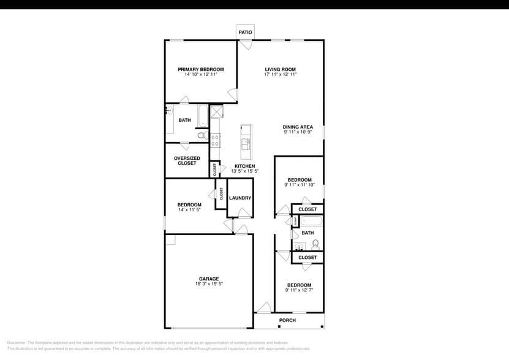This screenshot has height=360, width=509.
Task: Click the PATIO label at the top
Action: pos(245,32)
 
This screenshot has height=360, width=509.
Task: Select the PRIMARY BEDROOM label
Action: pos(201,69)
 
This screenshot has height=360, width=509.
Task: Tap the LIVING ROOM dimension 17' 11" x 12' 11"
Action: pos(281,75)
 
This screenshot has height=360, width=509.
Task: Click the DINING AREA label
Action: pos(298,127)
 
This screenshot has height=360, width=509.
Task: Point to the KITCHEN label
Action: pos(245,167)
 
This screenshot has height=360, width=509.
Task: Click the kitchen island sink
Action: pos(246,143)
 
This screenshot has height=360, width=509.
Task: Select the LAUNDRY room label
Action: pos(240,198)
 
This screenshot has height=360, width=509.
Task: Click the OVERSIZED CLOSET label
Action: pos(187,160)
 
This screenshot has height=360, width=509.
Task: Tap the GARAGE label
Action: pos(209,279)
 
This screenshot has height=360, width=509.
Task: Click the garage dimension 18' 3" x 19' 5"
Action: pos(209,284)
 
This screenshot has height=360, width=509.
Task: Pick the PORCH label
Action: pos(287,320)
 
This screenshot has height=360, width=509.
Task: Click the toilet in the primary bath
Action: pos(202,135)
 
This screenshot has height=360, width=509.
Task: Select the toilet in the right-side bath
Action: pos(316,244)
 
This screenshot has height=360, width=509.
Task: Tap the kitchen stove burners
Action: pos(216,140)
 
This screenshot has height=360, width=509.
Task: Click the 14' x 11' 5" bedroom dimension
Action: pos(190,210)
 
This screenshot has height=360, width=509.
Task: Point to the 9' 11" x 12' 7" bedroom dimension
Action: pos(300,290)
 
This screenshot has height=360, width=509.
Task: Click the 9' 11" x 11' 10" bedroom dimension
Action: pos(300,185)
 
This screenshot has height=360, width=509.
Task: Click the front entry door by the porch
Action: pos(264,308)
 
